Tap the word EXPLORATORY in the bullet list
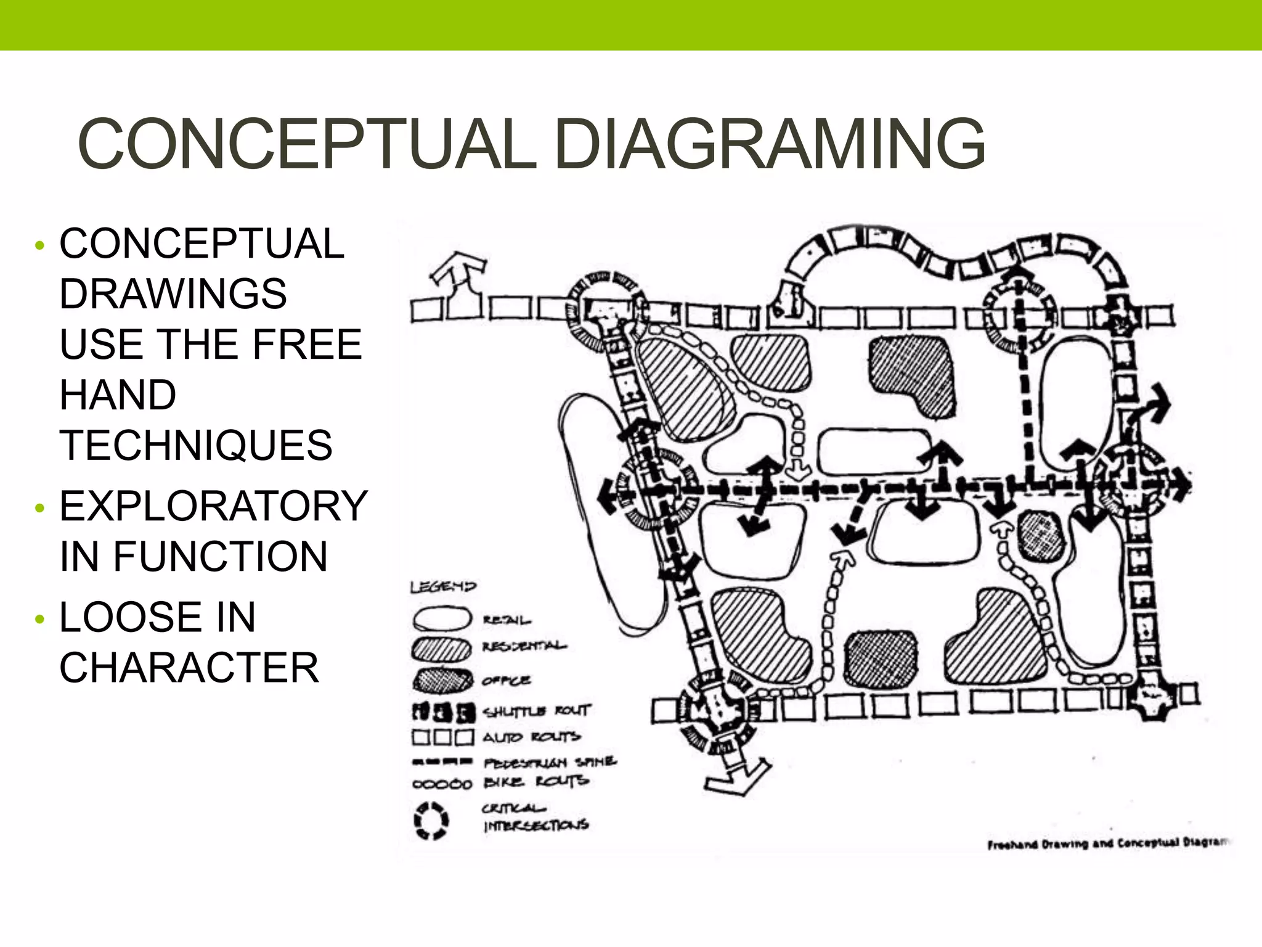point(213,506)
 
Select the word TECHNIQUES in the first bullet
point(196,445)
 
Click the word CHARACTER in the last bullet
point(189,668)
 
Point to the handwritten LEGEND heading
point(443,586)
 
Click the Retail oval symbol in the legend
point(442,618)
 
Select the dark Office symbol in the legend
point(442,680)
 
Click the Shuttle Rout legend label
point(537,711)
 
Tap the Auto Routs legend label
point(531,737)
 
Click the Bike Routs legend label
point(535,782)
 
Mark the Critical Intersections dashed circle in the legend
point(431,821)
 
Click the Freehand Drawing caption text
point(1106,843)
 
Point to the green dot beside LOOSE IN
point(40,618)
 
